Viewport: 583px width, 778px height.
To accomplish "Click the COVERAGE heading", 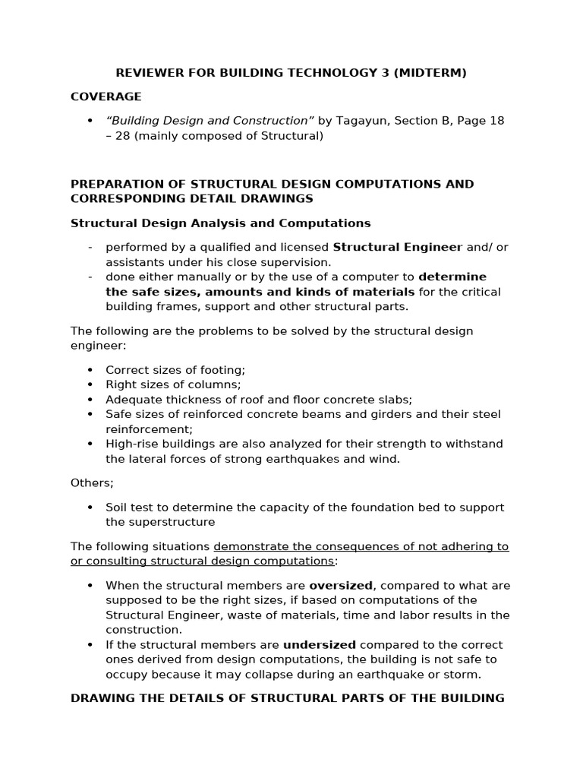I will pyautogui.click(x=106, y=96).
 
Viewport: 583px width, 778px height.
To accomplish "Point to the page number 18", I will pyautogui.click(x=496, y=121).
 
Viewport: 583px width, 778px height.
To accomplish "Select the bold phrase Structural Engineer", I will pyautogui.click(x=398, y=247).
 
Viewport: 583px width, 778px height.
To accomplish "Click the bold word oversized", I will pyautogui.click(x=341, y=586).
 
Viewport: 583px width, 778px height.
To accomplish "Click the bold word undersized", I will pyautogui.click(x=320, y=645).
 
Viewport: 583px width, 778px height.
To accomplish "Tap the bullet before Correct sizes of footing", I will pyautogui.click(x=90, y=370).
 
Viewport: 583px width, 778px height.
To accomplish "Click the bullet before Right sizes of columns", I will pyautogui.click(x=90, y=384).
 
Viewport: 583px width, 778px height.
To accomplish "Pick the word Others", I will pyautogui.click(x=90, y=482).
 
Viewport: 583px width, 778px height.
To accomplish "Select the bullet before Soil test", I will pyautogui.click(x=90, y=508).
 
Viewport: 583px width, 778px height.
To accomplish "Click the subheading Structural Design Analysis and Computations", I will pyautogui.click(x=220, y=223).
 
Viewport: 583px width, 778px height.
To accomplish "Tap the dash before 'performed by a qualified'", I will pyautogui.click(x=90, y=247).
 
